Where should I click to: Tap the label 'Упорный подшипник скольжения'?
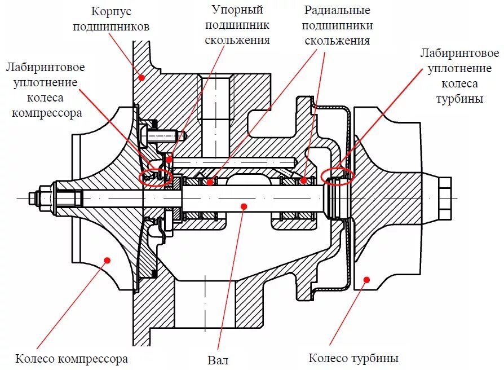point(237,25)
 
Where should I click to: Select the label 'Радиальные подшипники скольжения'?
point(337,25)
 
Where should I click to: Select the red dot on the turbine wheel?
point(366,279)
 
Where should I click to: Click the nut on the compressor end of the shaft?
point(46,198)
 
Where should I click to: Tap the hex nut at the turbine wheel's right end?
point(444,198)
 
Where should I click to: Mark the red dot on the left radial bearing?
point(210,182)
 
